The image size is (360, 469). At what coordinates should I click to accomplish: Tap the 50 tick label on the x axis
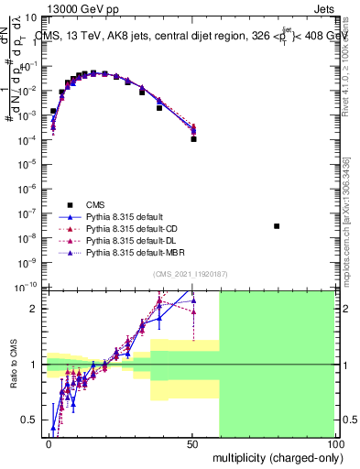[192, 444]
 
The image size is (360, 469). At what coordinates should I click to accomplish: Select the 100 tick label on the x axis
[334, 444]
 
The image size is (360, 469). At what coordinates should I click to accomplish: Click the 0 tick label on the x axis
[49, 444]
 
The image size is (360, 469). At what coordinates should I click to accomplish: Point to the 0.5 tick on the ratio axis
[31, 420]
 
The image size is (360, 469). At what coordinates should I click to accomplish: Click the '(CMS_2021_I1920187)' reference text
[190, 273]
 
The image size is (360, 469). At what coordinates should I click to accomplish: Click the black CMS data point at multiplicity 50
[193, 139]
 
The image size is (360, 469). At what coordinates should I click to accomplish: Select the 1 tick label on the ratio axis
[36, 365]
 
